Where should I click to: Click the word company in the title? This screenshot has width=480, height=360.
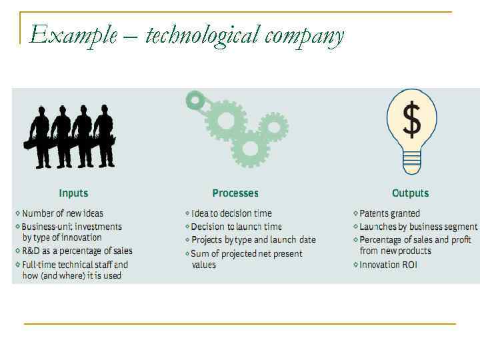tap(304, 35)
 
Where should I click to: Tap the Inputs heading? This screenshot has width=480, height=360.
tap(73, 193)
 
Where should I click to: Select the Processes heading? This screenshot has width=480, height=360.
tap(235, 193)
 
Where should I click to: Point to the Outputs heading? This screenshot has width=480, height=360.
tap(410, 193)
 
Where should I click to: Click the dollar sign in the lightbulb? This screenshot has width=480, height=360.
tap(412, 120)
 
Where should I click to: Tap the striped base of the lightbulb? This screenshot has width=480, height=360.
tap(412, 159)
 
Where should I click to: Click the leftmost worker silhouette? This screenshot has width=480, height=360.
tap(40, 137)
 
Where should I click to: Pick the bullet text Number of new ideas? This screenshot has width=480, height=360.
tap(63, 213)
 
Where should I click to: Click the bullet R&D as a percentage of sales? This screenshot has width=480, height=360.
tap(77, 251)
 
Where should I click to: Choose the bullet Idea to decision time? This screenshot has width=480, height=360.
tap(231, 213)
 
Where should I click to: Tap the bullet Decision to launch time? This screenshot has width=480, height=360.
tap(236, 227)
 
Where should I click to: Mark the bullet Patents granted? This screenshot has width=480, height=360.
tap(389, 213)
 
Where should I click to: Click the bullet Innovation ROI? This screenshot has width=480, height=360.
tap(387, 265)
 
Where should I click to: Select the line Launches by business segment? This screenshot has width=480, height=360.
tap(418, 227)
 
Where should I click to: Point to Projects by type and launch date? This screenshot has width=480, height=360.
tap(253, 240)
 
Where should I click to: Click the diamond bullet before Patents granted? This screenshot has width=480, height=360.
tap(355, 214)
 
